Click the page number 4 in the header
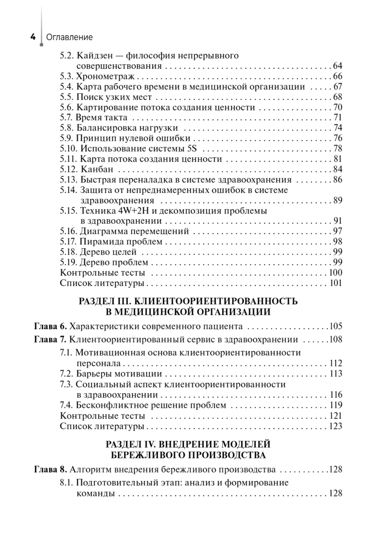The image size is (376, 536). click(x=33, y=37)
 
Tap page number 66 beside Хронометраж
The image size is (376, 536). click(x=337, y=76)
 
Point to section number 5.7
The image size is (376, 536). click(x=67, y=117)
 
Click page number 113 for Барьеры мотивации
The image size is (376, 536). click(x=335, y=373)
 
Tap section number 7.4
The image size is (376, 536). click(x=67, y=406)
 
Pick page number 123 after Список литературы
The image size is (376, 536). click(x=335, y=426)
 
